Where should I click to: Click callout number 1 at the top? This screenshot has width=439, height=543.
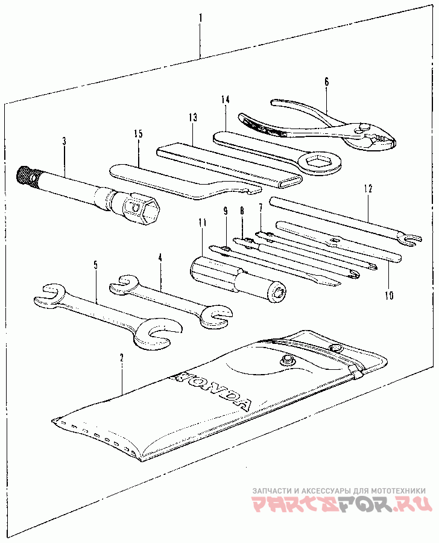pos(200,18)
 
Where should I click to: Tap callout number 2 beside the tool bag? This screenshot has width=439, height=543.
pos(122,358)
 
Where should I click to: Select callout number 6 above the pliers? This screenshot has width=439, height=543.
pos(326,81)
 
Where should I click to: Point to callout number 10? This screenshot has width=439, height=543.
pos(389,296)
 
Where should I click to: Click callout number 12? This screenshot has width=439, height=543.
pos(368,189)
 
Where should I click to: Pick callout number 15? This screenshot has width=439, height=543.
pos(138,134)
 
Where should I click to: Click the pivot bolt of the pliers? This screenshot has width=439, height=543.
pos(363,127)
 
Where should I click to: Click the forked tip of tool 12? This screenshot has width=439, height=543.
pos(410,240)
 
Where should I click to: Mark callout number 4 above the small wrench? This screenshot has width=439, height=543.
pos(160,258)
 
